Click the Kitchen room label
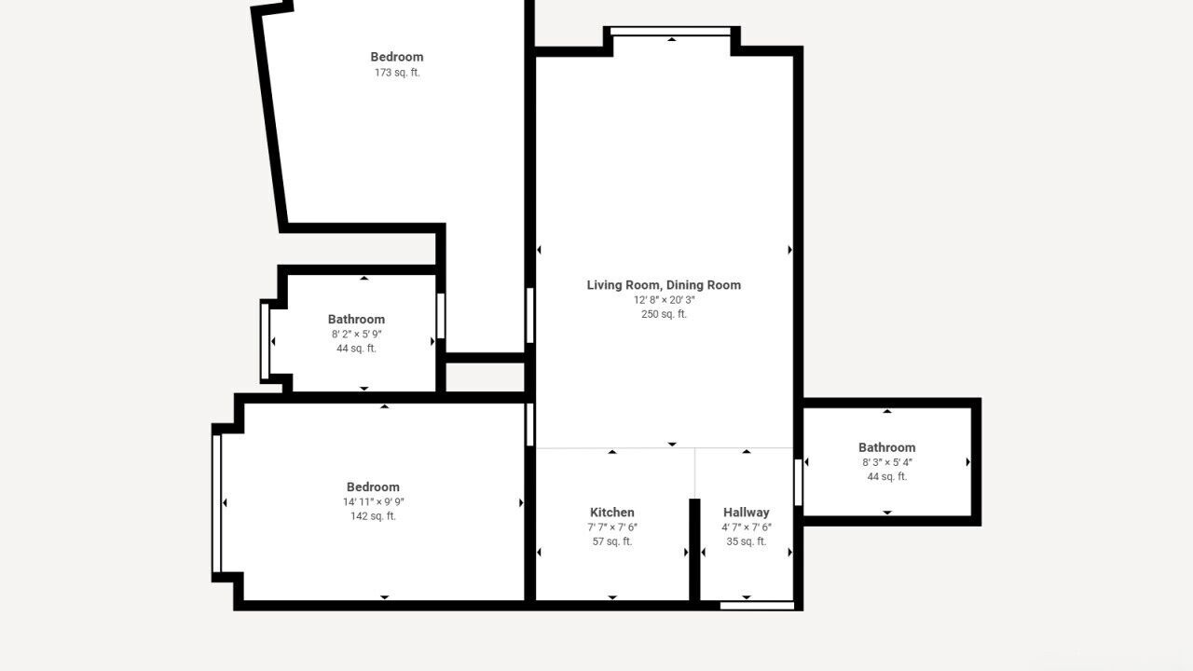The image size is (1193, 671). [x=612, y=513]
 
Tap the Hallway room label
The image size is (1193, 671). [x=747, y=513]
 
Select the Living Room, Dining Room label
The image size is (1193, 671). [x=664, y=285]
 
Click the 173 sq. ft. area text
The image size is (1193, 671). [x=397, y=73]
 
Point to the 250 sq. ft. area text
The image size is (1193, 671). [x=664, y=314]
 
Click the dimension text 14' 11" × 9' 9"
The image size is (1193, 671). [x=374, y=501]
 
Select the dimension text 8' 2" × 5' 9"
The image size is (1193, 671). [x=356, y=334]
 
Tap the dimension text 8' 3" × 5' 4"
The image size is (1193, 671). [x=886, y=462]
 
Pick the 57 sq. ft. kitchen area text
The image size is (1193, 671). [x=612, y=541]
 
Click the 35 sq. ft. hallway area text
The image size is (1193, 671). [x=747, y=541]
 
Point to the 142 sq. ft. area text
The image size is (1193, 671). [x=374, y=516]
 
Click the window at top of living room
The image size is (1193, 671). [x=670, y=32]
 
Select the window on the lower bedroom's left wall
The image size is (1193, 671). [x=217, y=504]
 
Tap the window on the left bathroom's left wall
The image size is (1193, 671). [x=265, y=341]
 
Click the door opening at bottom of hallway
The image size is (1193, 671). [x=757, y=606]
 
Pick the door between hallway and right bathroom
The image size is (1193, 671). [x=798, y=483]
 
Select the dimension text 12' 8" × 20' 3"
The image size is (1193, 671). [x=664, y=300]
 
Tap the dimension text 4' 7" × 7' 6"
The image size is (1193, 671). [x=747, y=527]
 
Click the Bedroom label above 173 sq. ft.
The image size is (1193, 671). [x=397, y=57]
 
